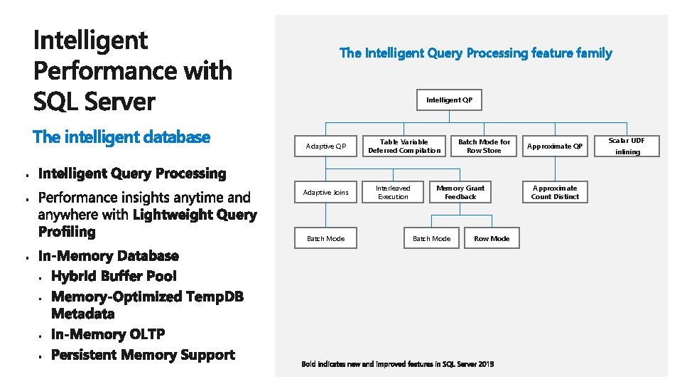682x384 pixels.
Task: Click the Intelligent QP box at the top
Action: pyautogui.click(x=449, y=100)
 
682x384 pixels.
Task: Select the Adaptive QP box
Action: pyautogui.click(x=325, y=146)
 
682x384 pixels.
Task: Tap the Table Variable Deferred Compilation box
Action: pyautogui.click(x=404, y=146)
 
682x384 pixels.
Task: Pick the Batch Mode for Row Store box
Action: pyautogui.click(x=484, y=146)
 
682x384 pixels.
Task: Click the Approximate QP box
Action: pyautogui.click(x=555, y=146)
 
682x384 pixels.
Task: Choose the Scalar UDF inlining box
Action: pyautogui.click(x=627, y=146)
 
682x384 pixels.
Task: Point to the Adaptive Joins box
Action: pyautogui.click(x=325, y=193)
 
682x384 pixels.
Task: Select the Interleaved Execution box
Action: pyautogui.click(x=393, y=193)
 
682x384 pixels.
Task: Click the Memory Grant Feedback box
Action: pyautogui.click(x=460, y=193)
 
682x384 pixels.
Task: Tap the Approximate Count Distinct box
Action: pyautogui.click(x=555, y=193)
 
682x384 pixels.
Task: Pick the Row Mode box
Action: pyautogui.click(x=492, y=239)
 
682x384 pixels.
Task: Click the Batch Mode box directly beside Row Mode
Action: pyautogui.click(x=431, y=239)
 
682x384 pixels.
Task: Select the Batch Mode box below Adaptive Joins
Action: pyautogui.click(x=325, y=239)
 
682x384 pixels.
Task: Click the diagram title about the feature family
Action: pyautogui.click(x=475, y=53)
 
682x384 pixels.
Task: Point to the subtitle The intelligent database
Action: pyautogui.click(x=121, y=137)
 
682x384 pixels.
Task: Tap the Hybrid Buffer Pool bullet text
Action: pyautogui.click(x=124, y=277)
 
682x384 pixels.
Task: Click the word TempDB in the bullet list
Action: pyautogui.click(x=214, y=297)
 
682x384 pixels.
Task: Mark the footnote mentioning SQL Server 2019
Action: pyautogui.click(x=397, y=364)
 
